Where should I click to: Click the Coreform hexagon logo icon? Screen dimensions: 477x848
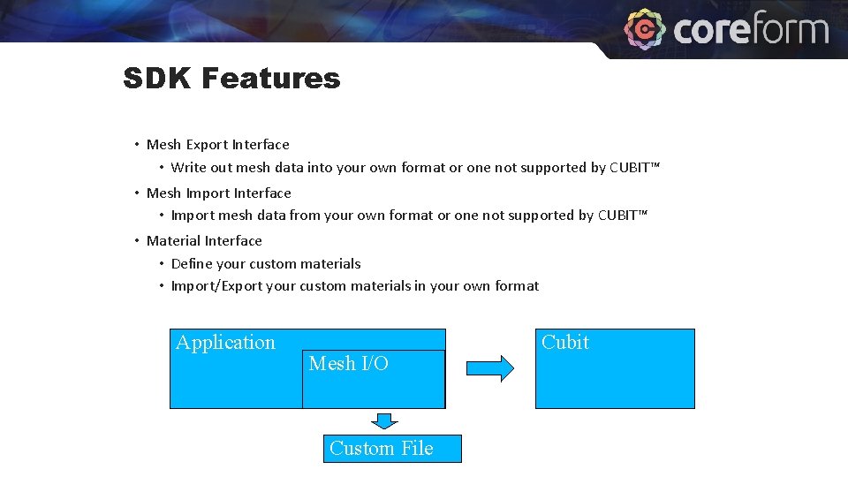(645, 28)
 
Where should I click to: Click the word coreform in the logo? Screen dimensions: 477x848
(751, 30)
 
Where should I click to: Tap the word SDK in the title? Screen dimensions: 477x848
(158, 79)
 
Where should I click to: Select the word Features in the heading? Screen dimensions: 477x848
(270, 79)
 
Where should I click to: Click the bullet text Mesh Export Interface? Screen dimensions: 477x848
(217, 145)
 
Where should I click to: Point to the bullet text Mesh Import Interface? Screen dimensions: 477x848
(218, 193)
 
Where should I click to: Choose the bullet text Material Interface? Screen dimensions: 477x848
(204, 241)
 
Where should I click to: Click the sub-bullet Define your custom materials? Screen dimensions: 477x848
(265, 264)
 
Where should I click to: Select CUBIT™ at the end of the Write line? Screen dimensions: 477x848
(634, 168)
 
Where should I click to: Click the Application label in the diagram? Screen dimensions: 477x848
(225, 343)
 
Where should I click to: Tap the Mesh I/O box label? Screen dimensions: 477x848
(348, 364)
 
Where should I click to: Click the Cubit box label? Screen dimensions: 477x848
(565, 343)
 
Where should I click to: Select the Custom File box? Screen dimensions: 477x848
(392, 449)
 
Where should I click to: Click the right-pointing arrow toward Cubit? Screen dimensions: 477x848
(489, 368)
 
